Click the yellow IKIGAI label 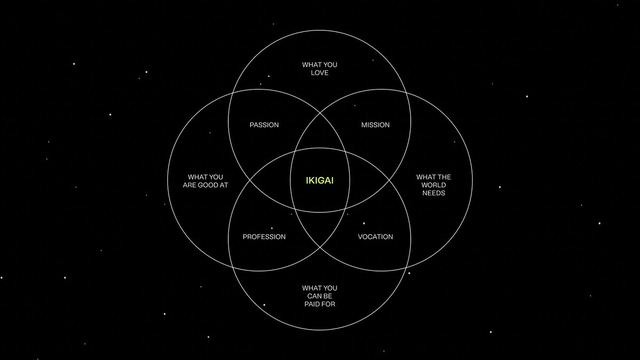(319, 181)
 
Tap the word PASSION (264, 125)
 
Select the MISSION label (375, 125)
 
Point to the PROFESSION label (264, 237)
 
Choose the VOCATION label (375, 237)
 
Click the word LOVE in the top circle (319, 73)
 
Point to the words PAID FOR (319, 305)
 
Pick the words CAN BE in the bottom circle (319, 297)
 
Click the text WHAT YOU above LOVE (319, 65)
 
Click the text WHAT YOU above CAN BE (319, 289)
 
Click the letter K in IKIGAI (312, 181)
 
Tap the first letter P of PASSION (252, 125)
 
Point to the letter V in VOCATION (360, 237)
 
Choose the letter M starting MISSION (364, 125)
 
